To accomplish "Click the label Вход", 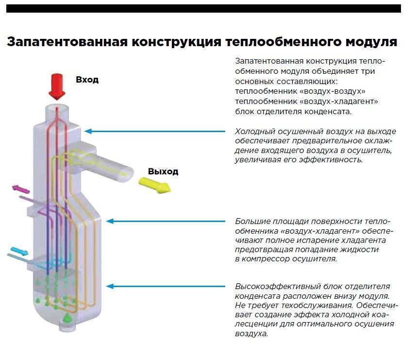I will tap(87, 80).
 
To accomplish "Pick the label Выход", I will tap(163, 171).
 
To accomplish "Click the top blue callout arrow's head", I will tap(87, 131).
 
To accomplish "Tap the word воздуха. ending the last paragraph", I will tap(251, 334).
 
